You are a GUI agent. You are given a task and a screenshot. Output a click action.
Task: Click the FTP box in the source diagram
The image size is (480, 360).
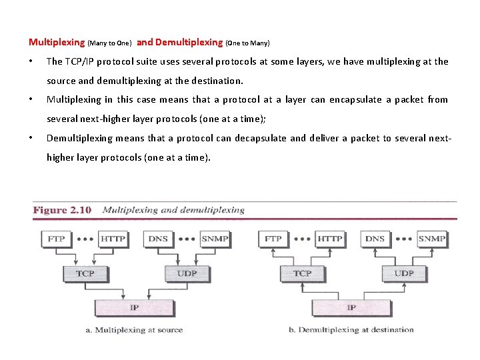pos(56,239)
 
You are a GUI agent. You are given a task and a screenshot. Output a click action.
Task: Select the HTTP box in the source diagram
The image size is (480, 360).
pos(112,239)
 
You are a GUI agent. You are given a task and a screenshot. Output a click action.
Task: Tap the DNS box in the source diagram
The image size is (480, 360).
pos(158,239)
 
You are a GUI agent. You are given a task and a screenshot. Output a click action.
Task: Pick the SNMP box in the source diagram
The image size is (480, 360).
pos(214,239)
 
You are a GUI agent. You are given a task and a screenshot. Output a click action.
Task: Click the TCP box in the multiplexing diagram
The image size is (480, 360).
pos(85,273)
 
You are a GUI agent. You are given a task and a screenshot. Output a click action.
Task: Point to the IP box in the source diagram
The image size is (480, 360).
pos(134,307)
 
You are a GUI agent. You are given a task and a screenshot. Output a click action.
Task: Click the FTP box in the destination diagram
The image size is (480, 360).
pos(273,239)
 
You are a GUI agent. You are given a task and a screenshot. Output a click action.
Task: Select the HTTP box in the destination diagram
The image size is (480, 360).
pos(329,239)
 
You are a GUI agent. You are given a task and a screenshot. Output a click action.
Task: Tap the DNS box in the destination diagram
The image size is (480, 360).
pos(375,239)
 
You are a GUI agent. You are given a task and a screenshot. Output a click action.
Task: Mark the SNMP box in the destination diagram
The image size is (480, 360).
pos(431,239)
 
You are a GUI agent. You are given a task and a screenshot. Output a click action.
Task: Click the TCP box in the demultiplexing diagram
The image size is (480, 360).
pos(302,273)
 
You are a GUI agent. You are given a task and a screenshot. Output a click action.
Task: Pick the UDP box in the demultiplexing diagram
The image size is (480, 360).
pos(403,273)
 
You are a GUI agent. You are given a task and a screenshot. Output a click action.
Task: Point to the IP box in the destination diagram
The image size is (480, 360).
pos(351,307)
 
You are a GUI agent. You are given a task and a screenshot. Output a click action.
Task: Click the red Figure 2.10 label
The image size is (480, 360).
pos(62,210)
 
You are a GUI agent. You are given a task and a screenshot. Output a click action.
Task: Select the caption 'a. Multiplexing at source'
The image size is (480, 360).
pos(134,330)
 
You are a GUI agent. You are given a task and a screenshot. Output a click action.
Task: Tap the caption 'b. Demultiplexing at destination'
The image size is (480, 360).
pos(351,330)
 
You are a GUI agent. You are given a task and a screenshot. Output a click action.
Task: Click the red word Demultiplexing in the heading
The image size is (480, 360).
pos(189,42)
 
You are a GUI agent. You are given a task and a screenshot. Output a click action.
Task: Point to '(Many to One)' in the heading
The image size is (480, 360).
pos(110,43)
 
